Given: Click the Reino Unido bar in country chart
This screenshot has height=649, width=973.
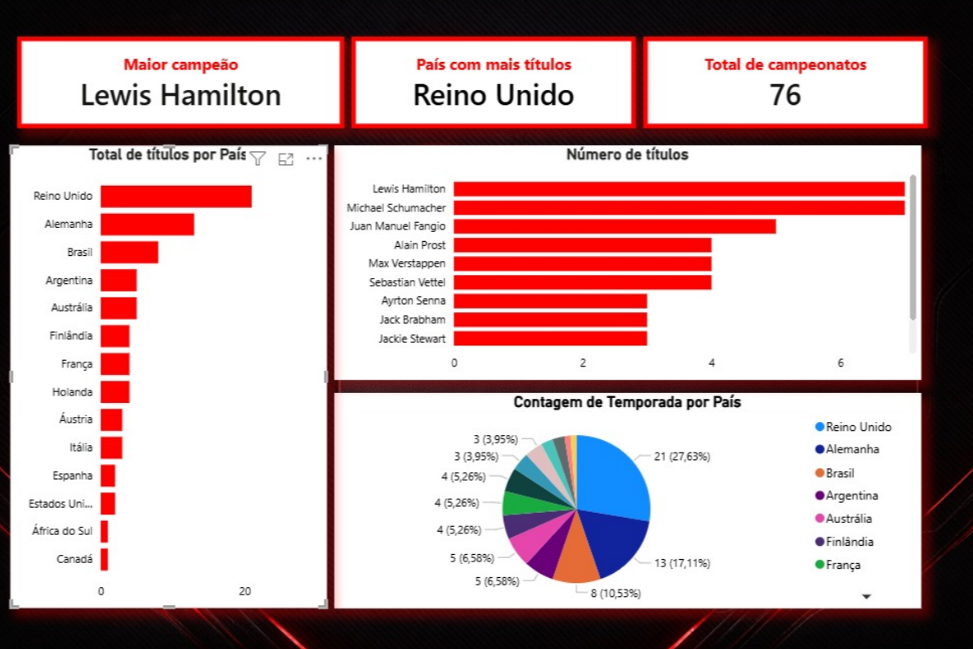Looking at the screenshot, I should pyautogui.click(x=176, y=197).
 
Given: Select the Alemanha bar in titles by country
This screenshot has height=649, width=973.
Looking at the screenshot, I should pyautogui.click(x=147, y=225).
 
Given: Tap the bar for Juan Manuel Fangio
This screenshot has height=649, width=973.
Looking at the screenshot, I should pyautogui.click(x=614, y=226).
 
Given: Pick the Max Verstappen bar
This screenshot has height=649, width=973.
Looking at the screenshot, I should pyautogui.click(x=581, y=263).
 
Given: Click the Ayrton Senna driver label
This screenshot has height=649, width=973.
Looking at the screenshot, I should pyautogui.click(x=413, y=301).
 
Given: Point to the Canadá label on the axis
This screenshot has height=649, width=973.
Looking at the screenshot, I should pyautogui.click(x=74, y=559).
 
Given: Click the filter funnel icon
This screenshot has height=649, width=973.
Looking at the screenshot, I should pyautogui.click(x=258, y=159).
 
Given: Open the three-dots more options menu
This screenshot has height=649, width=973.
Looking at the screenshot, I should pyautogui.click(x=314, y=159).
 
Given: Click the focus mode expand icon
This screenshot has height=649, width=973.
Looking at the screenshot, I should pyautogui.click(x=286, y=159).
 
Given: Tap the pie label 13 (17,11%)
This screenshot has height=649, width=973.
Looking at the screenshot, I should pyautogui.click(x=682, y=563).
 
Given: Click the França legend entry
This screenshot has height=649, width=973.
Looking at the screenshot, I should pyautogui.click(x=842, y=565).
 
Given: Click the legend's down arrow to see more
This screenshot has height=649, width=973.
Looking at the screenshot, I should pyautogui.click(x=866, y=596).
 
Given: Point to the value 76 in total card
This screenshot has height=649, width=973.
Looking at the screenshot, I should pyautogui.click(x=785, y=96).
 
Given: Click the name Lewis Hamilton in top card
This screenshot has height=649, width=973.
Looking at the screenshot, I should pyautogui.click(x=181, y=96).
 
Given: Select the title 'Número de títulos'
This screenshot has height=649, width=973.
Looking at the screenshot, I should pyautogui.click(x=627, y=154).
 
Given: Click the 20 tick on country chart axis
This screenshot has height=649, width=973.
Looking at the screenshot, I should pyautogui.click(x=244, y=591).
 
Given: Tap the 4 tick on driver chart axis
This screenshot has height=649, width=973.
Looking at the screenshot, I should pyautogui.click(x=711, y=363).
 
